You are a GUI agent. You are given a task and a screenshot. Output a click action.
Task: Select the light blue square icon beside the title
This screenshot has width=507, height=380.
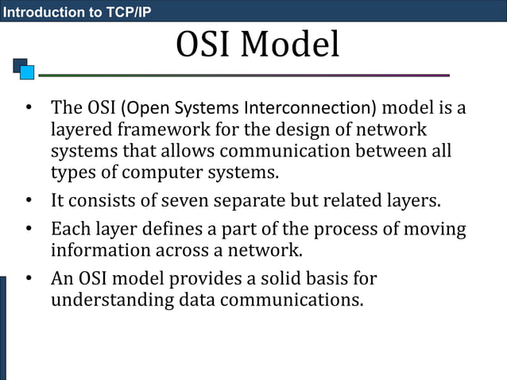coord(27,73)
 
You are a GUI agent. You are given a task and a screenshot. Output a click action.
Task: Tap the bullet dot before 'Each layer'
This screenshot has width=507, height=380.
coord(28,231)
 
